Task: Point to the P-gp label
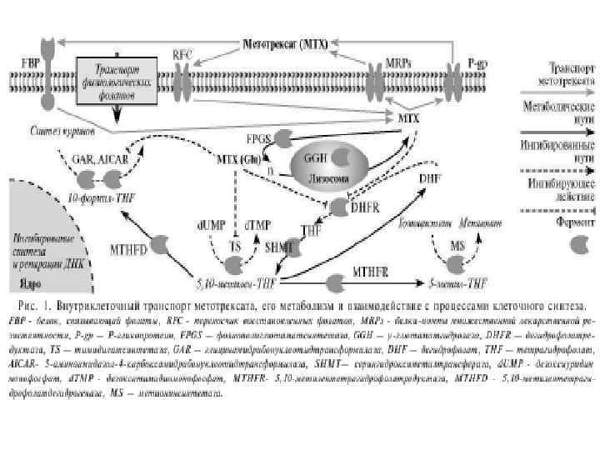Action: pos(478,63)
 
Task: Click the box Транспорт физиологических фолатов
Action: pos(117,80)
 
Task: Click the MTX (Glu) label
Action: pos(238,158)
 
